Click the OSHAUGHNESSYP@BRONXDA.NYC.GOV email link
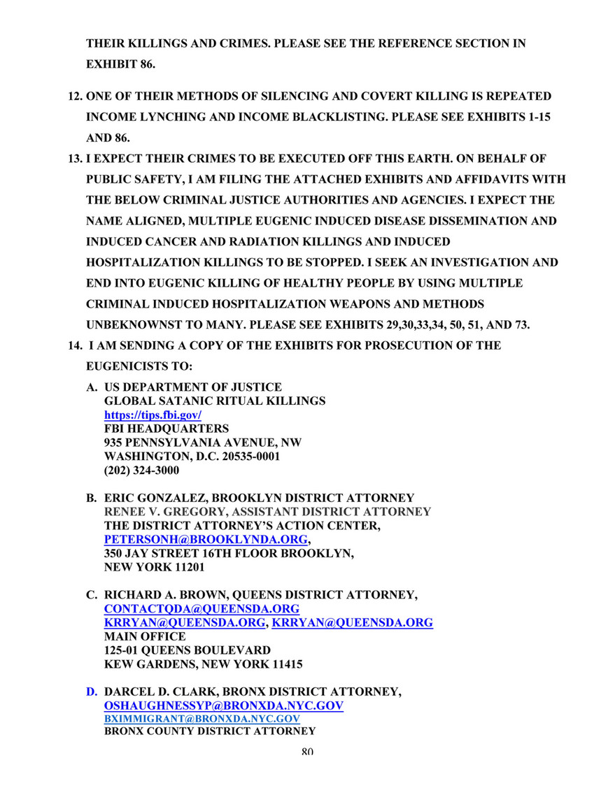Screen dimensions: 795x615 [224, 706]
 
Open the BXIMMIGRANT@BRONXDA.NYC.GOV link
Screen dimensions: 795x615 [202, 719]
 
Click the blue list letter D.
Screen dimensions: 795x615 [91, 692]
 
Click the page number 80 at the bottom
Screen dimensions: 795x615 [307, 752]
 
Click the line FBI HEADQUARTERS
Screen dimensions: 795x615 [166, 428]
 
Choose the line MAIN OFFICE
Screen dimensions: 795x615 [145, 636]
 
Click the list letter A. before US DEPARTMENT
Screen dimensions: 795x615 [91, 387]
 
